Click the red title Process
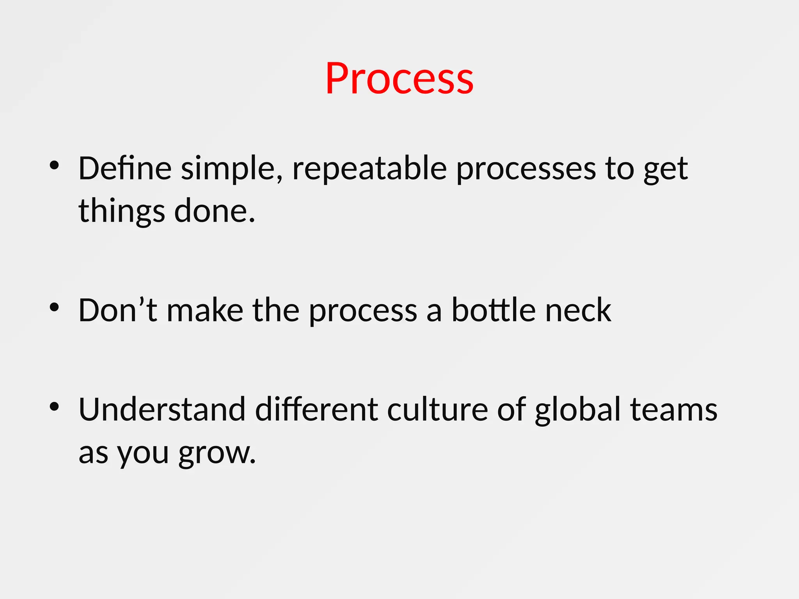(399, 79)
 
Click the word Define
(125, 168)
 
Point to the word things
(121, 211)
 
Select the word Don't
(117, 310)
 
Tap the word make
(205, 310)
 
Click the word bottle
(493, 310)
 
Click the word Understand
(162, 409)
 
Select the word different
(316, 409)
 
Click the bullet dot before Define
(54, 166)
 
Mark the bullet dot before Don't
(54, 308)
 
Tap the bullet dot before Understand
(54, 407)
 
